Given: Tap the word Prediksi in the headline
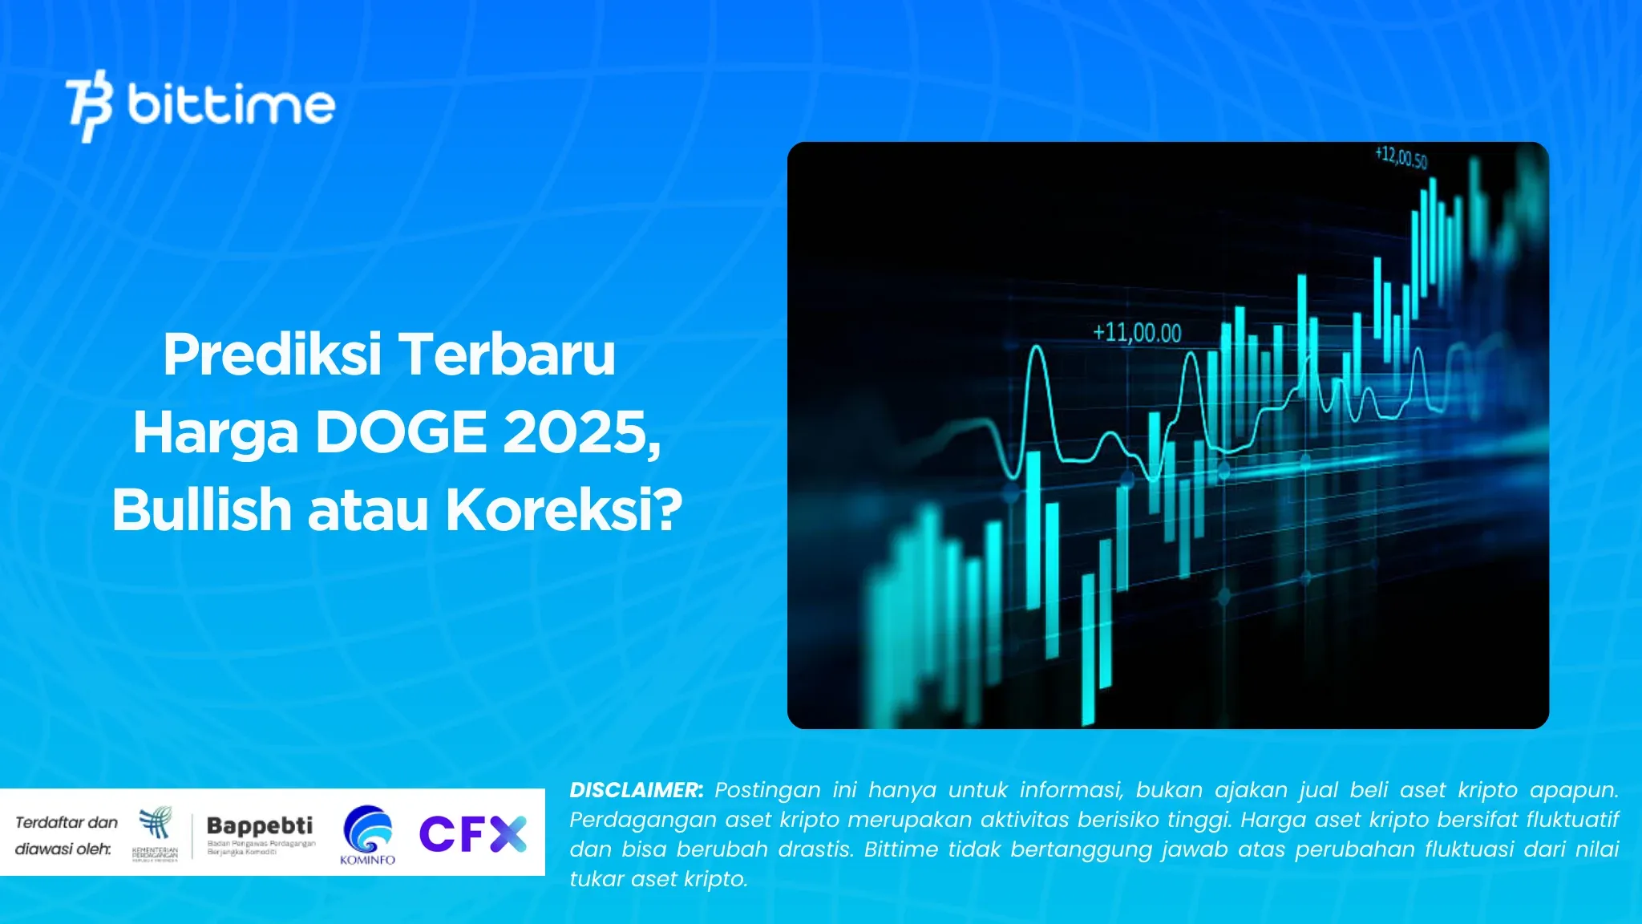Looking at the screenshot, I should point(272,355).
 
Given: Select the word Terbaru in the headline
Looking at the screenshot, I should point(507,355).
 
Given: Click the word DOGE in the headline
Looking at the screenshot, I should point(400,432).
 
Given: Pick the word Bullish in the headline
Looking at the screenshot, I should point(201,510).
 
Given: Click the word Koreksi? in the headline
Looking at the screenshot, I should point(564,510).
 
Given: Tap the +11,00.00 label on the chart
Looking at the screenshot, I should point(1137,333).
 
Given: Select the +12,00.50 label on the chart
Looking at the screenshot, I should point(1401,156).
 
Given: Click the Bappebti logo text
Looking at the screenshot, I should point(260,825).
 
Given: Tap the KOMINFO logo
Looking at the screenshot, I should point(367,835).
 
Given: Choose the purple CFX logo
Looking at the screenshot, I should point(472,833).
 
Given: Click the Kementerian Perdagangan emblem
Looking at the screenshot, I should point(156,833).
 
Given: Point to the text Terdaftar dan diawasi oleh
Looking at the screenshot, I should point(66,835).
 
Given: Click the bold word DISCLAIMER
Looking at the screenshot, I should point(636,790).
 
